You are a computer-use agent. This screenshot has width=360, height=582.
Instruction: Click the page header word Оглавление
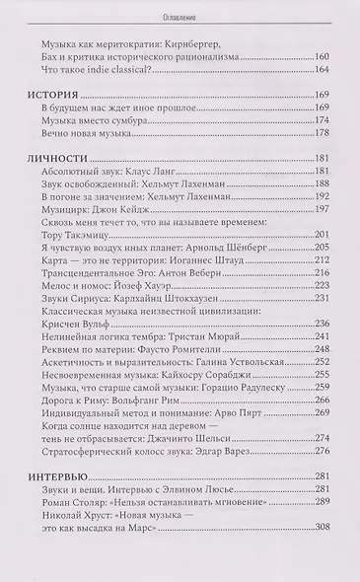pyautogui.click(x=180, y=17)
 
